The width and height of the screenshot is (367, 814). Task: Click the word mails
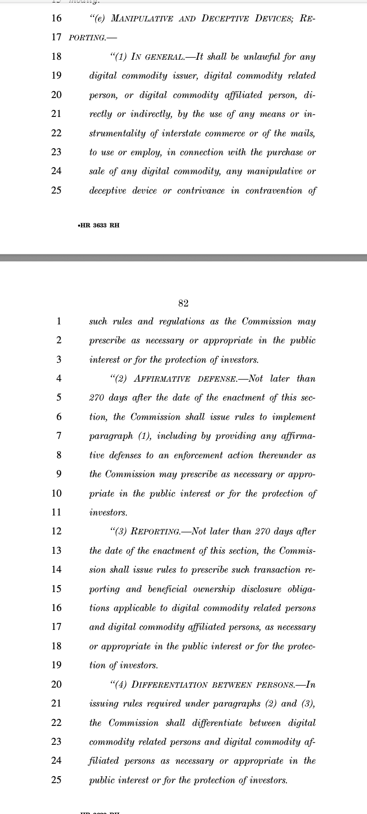click(302, 133)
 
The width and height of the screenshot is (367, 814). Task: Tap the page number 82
click(183, 304)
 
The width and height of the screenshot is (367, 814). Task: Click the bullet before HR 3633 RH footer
click(80, 225)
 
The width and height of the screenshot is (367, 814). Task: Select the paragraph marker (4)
click(120, 685)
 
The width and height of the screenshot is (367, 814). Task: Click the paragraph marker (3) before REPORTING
click(120, 532)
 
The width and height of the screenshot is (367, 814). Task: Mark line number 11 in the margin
click(56, 512)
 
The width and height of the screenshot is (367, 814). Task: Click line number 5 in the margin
click(59, 398)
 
